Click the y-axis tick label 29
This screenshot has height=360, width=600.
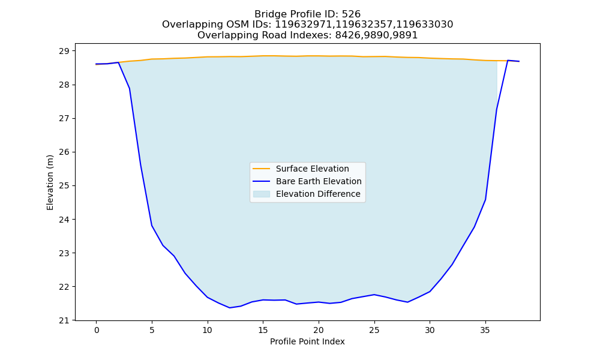click(64, 51)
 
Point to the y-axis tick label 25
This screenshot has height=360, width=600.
click(64, 186)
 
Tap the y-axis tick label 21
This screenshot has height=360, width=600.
click(64, 320)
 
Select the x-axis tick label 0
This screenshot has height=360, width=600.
click(97, 330)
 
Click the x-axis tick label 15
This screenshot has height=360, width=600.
click(263, 330)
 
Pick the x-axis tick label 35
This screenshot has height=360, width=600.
click(485, 330)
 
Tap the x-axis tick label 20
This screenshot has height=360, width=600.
click(319, 330)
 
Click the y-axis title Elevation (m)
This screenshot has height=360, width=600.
click(50, 182)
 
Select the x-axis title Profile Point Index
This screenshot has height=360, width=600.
click(307, 341)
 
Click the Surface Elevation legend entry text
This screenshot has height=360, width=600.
click(312, 169)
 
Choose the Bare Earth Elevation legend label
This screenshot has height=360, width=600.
click(319, 181)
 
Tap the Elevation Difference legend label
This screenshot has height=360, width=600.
click(318, 194)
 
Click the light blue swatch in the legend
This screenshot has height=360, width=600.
click(262, 194)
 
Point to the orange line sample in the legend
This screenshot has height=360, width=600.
click(262, 169)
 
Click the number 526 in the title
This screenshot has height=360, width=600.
click(351, 14)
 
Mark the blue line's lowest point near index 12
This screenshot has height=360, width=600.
click(230, 308)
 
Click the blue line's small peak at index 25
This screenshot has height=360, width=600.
click(374, 295)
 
